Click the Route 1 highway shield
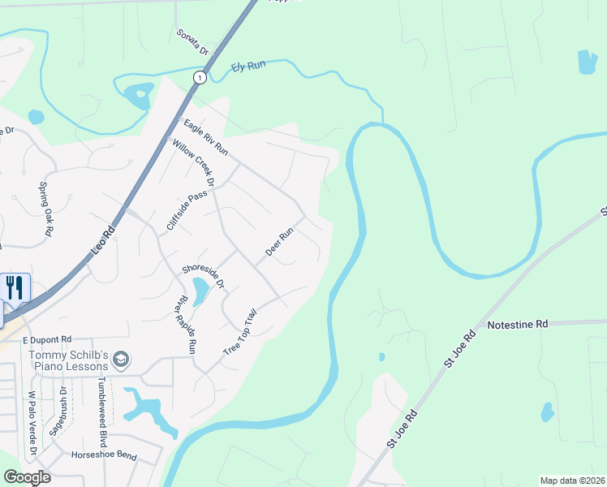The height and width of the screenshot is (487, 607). [199, 77]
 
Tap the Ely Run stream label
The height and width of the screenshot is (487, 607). [248, 66]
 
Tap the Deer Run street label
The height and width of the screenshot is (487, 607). [278, 243]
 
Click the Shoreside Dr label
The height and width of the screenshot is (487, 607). [203, 276]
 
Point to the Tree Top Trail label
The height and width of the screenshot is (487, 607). [240, 332]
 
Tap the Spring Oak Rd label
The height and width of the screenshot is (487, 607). [45, 209]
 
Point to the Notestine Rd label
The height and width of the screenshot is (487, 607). [518, 324]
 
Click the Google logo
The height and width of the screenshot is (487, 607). [27, 477]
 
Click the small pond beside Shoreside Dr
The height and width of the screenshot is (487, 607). [199, 287]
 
